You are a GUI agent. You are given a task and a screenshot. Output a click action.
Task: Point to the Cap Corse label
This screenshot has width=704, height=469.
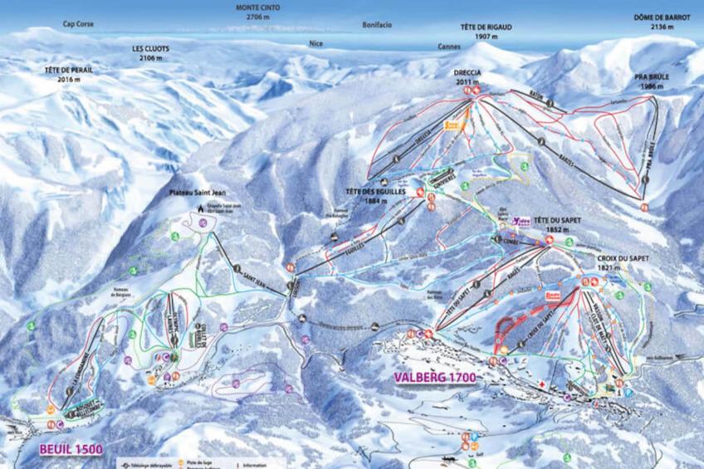(78, 25)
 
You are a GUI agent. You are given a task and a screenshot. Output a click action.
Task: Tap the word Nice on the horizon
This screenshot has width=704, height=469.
(315, 43)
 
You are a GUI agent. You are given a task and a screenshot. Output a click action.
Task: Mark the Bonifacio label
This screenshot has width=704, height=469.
(377, 25)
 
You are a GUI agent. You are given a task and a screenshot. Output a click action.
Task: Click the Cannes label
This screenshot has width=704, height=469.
(450, 46)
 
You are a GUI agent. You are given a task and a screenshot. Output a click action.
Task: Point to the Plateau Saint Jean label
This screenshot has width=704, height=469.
(193, 196)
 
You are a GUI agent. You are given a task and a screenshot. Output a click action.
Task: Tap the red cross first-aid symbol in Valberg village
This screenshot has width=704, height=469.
(540, 386)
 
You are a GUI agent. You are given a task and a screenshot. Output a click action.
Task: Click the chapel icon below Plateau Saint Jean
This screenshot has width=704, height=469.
(199, 209)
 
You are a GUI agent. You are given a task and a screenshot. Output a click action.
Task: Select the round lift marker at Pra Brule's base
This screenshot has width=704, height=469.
(644, 206)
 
